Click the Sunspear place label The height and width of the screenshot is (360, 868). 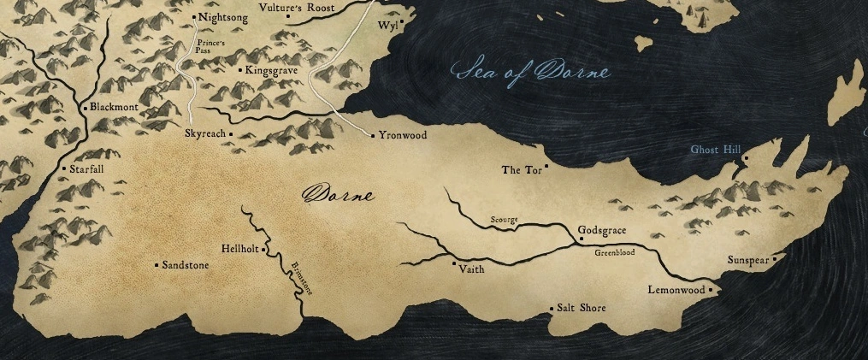pyautogui.click(x=748, y=259)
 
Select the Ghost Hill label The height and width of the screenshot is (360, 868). pyautogui.click(x=715, y=150)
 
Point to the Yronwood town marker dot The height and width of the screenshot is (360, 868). pyautogui.click(x=373, y=135)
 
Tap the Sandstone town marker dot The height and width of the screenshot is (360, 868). pyautogui.click(x=156, y=265)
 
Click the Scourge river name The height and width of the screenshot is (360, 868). pyautogui.click(x=504, y=220)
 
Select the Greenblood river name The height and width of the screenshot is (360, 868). pyautogui.click(x=614, y=253)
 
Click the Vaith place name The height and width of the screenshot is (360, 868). pyautogui.click(x=471, y=269)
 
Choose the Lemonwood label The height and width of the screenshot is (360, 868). pyautogui.click(x=676, y=291)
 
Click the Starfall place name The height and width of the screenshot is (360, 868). pyautogui.click(x=86, y=169)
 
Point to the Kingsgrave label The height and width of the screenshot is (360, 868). pyautogui.click(x=271, y=70)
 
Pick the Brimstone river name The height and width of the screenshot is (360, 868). pyautogui.click(x=302, y=279)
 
